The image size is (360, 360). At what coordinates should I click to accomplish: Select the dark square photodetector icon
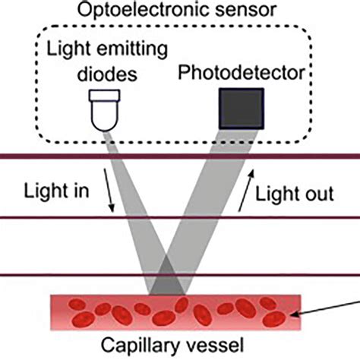[x=241, y=107]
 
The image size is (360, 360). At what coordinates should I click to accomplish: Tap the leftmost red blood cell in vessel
[x=77, y=305]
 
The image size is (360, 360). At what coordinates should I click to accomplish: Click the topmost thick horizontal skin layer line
[x=180, y=157]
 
